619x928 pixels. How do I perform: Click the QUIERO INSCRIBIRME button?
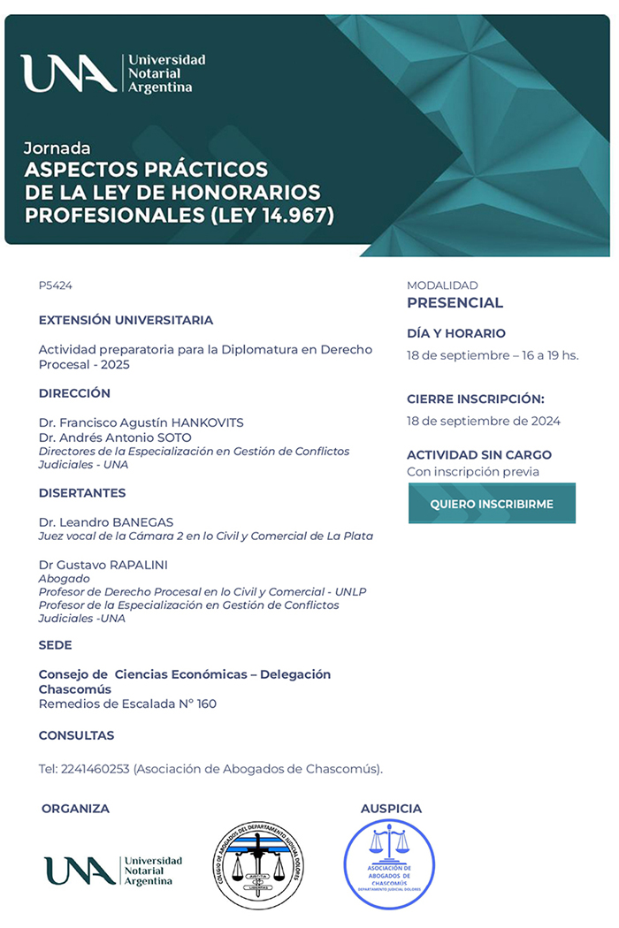point(492,504)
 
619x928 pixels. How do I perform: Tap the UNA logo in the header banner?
point(113,73)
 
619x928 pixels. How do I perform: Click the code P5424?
point(56,285)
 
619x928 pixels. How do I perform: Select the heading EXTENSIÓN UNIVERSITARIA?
point(126,320)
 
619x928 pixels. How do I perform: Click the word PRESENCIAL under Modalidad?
point(455,303)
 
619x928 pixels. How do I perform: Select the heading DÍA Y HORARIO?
point(456,333)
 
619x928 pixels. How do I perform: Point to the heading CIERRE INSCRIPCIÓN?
point(476,399)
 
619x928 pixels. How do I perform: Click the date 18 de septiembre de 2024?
point(484,421)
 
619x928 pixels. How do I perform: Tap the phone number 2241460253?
point(95,769)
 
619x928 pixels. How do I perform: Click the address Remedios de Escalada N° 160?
point(127,704)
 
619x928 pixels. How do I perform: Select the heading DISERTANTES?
point(82,493)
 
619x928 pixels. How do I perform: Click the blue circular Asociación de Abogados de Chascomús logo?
point(389,864)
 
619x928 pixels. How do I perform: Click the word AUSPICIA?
point(391,809)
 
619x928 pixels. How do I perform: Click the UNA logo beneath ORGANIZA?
point(113,871)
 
